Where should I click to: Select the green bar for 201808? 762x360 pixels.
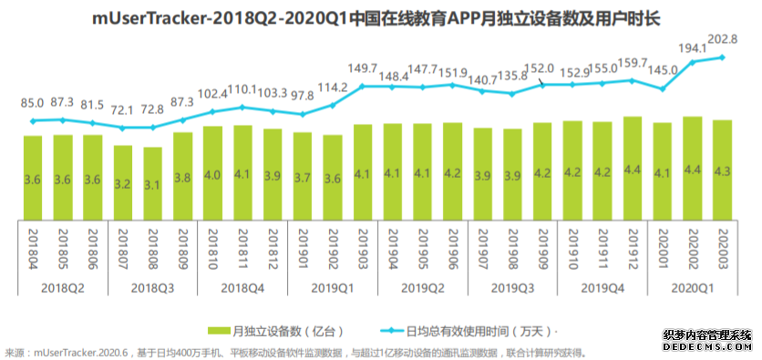(152, 182)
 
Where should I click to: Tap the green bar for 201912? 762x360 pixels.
(633, 168)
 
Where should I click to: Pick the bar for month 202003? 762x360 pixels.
(722, 170)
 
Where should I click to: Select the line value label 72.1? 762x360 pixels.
(124, 109)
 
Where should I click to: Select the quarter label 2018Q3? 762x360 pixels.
(153, 287)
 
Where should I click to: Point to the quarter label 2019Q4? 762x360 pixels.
(602, 287)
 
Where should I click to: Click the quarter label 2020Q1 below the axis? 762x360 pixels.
(692, 287)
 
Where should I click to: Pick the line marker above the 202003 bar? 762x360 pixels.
(722, 57)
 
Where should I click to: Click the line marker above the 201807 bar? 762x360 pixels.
(123, 128)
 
